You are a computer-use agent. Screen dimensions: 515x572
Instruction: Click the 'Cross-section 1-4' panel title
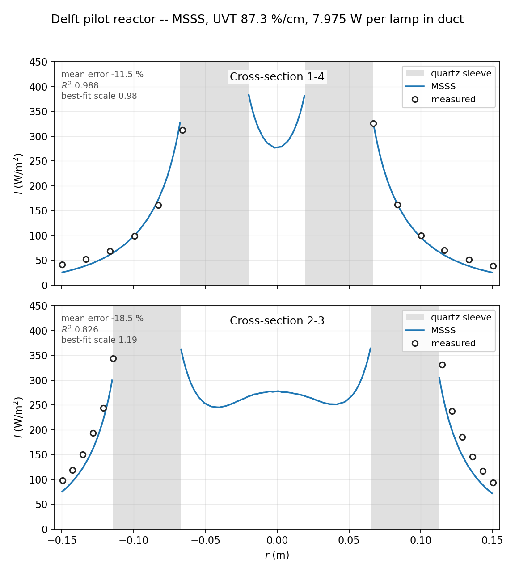277,77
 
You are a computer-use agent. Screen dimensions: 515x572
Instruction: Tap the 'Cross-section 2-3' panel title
277,321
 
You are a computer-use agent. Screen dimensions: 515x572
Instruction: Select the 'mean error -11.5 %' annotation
102,75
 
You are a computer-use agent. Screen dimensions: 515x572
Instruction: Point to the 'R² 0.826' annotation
80,329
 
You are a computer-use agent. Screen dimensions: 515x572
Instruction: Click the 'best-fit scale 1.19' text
99,340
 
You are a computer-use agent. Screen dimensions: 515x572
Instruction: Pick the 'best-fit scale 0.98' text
99,96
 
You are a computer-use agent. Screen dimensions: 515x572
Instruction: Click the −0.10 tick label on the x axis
134,540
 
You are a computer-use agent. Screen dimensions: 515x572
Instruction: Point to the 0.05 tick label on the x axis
349,540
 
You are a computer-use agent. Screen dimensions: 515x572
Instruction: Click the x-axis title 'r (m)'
277,555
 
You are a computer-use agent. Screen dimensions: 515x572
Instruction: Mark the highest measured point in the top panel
373,123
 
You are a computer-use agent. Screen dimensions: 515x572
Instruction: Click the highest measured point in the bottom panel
113,359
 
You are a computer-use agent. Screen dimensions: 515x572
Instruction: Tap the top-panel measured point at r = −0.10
135,236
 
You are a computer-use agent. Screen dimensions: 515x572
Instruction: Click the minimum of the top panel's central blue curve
274,148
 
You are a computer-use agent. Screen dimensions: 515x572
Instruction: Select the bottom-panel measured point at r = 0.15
493,483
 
